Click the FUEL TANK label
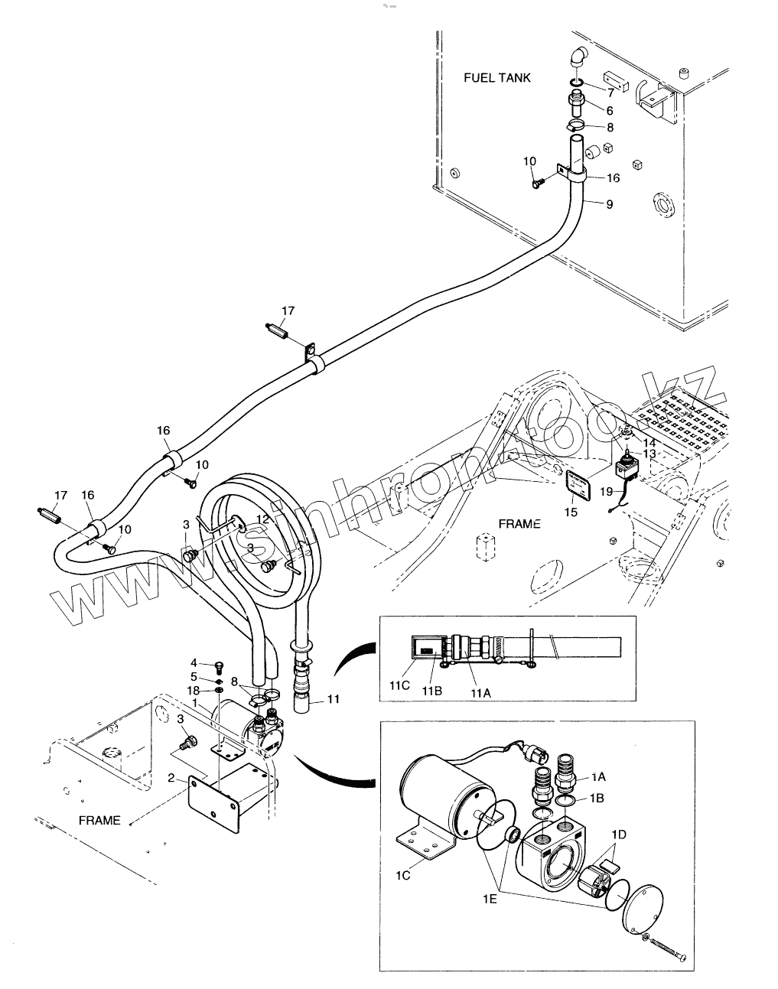(496, 78)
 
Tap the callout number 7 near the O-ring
(610, 93)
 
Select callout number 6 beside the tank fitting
(609, 111)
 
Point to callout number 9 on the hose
(609, 204)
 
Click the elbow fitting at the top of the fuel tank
(578, 58)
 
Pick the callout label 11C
(399, 685)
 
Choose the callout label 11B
(431, 690)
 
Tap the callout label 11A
(480, 693)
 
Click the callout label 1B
(597, 798)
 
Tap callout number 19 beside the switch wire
(607, 491)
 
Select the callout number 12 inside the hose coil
(262, 519)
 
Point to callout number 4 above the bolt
(194, 662)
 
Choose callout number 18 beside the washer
(193, 691)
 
